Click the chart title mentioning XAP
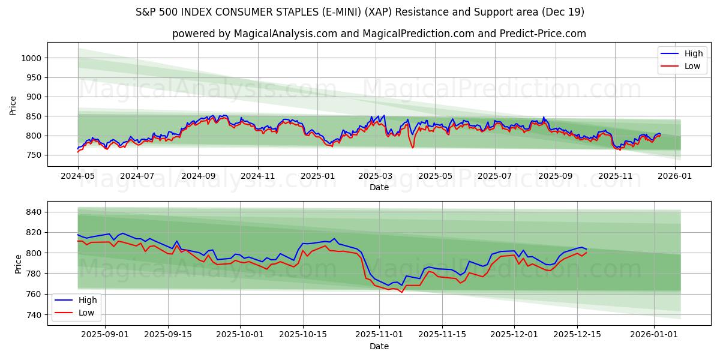point(360,12)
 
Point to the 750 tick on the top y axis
point(34,155)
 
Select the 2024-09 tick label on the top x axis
point(198,176)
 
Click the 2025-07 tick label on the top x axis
point(495,176)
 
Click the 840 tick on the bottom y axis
point(34,212)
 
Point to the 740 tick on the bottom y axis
point(34,315)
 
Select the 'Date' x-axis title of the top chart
point(379,187)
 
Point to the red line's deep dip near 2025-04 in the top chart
point(412,148)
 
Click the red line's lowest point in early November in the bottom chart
point(402,292)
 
